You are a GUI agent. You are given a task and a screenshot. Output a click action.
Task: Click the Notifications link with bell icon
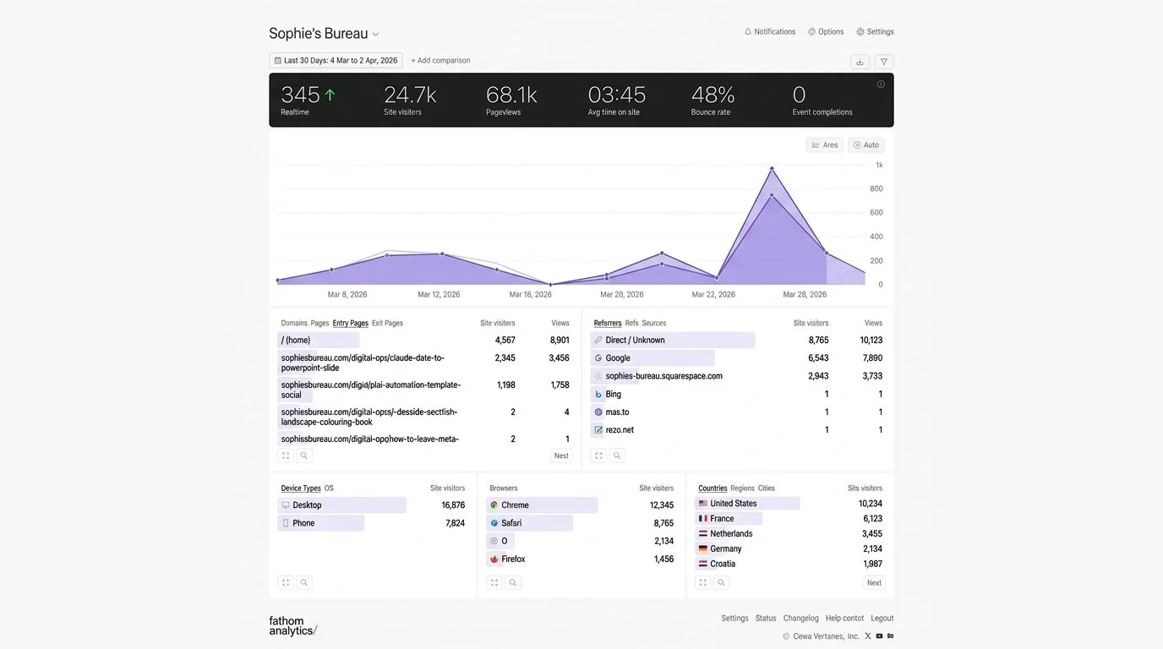point(770,32)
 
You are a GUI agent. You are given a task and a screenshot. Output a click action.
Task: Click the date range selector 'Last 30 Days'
point(336,61)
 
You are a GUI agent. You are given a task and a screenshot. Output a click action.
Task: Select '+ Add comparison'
point(440,61)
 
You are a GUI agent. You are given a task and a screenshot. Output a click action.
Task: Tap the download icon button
point(860,62)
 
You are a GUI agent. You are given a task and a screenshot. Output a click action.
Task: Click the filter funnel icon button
point(883,62)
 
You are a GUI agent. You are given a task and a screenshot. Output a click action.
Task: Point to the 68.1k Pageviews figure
point(511,95)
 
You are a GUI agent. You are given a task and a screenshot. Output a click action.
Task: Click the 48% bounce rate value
point(713,95)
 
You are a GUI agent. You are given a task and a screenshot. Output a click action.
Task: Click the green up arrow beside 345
point(330,95)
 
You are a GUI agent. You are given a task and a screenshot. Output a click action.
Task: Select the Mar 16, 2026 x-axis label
point(530,295)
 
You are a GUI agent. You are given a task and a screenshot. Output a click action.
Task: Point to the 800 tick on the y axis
point(876,189)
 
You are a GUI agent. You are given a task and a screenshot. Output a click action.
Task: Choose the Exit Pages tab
point(387,323)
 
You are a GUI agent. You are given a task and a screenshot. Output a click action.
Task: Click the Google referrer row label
point(618,358)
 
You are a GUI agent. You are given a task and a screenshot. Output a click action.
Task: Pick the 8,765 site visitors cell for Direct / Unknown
point(818,341)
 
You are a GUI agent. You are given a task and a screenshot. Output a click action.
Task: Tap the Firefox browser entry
point(513,559)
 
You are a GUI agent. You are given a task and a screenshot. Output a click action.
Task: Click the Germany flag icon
point(702,549)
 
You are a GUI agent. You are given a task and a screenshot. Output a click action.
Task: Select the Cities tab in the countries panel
point(766,488)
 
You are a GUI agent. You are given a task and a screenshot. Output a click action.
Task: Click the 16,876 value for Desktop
point(453,505)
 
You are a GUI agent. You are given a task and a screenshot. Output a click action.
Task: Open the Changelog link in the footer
point(800,619)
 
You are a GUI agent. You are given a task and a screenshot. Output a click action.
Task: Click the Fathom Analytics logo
point(292,625)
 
